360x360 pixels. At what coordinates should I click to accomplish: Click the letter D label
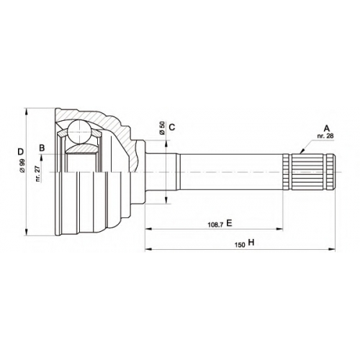(x=21, y=152)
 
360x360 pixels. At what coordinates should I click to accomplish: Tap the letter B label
(x=42, y=148)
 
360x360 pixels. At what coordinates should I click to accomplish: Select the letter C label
(x=172, y=127)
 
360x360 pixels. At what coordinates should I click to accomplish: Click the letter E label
(x=229, y=223)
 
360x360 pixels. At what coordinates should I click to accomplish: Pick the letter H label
(x=251, y=243)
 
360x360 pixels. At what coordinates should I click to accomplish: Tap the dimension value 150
(x=240, y=245)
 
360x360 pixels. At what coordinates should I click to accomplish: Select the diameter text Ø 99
(x=22, y=166)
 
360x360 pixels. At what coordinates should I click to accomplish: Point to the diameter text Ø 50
(x=162, y=128)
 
